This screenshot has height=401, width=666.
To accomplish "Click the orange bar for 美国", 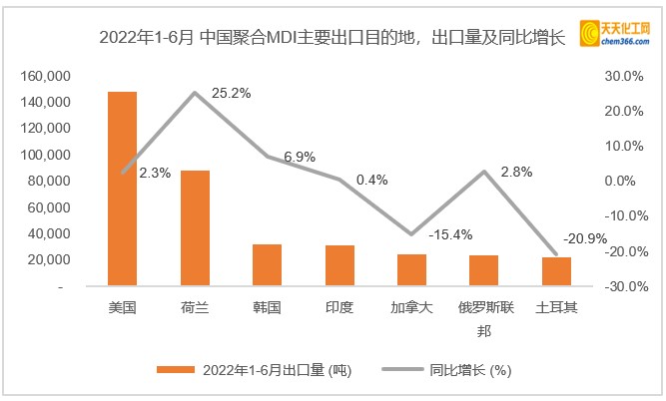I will [123, 190].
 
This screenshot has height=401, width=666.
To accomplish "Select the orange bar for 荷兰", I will [196, 228].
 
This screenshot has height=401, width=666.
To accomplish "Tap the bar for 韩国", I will [268, 265].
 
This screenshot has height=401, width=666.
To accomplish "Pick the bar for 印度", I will [340, 265].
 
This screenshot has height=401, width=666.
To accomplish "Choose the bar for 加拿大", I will [412, 270].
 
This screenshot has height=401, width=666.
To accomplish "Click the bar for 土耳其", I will [556, 271].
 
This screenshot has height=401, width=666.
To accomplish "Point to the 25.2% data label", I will [233, 93].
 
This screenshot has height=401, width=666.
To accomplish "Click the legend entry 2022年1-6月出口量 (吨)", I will [254, 370].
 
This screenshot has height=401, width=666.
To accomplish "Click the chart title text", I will [333, 39].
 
